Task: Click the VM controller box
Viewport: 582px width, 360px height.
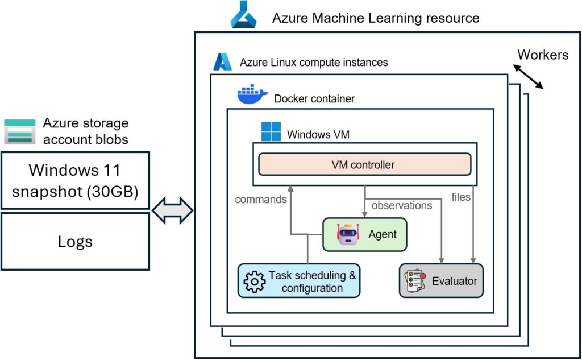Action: (x=364, y=165)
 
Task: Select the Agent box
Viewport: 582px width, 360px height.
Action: (x=365, y=234)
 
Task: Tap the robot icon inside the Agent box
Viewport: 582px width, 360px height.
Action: (x=348, y=234)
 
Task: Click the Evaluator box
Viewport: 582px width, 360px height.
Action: (x=441, y=280)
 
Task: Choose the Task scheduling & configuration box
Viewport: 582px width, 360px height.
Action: (x=299, y=281)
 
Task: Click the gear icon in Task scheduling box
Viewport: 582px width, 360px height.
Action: (x=254, y=282)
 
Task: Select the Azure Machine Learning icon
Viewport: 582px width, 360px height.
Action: (x=243, y=15)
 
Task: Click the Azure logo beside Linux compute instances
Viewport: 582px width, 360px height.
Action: (x=223, y=61)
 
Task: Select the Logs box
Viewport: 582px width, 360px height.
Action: (x=75, y=241)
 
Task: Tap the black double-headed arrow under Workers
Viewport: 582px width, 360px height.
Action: (x=528, y=76)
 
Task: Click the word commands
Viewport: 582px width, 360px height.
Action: (x=260, y=200)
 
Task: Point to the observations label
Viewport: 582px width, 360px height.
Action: (x=401, y=205)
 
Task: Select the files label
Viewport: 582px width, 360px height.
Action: (x=461, y=197)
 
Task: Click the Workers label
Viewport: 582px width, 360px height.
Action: (x=542, y=55)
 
